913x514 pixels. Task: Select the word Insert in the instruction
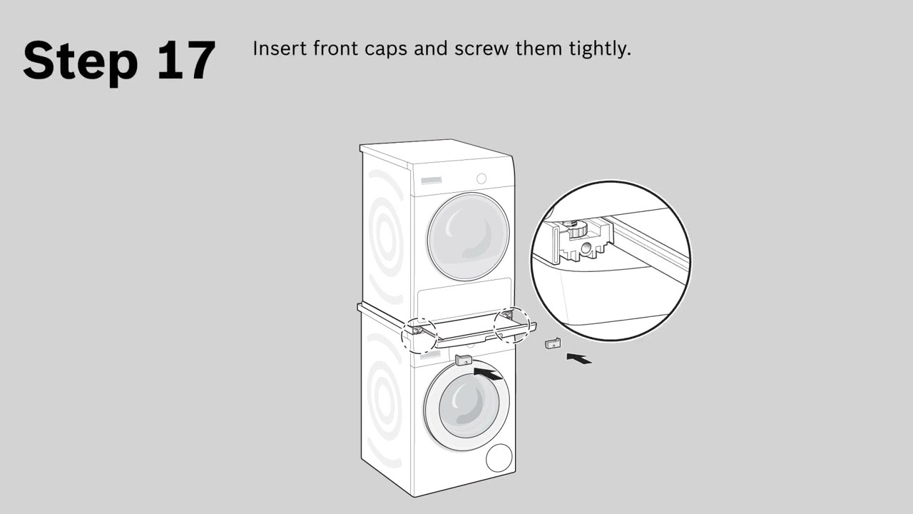pyautogui.click(x=275, y=49)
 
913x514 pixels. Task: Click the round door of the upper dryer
pyautogui.click(x=469, y=235)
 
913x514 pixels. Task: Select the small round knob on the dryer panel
pyautogui.click(x=481, y=178)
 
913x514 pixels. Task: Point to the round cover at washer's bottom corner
pyautogui.click(x=499, y=458)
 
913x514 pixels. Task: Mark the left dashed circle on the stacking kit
pyautogui.click(x=419, y=334)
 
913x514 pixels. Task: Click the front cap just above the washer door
pyautogui.click(x=464, y=359)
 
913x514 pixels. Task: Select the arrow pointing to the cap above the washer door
pyautogui.click(x=489, y=373)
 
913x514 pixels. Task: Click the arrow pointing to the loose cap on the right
pyautogui.click(x=579, y=358)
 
